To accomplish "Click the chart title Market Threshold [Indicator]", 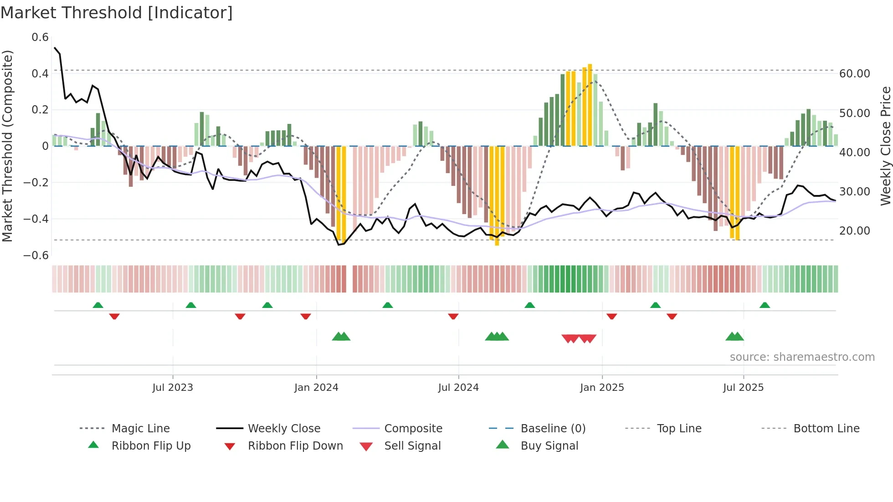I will pyautogui.click(x=117, y=13).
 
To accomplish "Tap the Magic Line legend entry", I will pyautogui.click(x=140, y=429).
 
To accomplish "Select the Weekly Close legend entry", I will pyautogui.click(x=284, y=429).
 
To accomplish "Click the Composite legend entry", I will pyautogui.click(x=413, y=429).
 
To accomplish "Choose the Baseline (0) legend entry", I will pyautogui.click(x=553, y=429).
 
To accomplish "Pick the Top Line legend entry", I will pyautogui.click(x=679, y=429).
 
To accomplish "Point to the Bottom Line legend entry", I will pyautogui.click(x=826, y=429).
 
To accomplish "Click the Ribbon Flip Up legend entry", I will pyautogui.click(x=151, y=446).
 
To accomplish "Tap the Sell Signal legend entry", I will pyautogui.click(x=412, y=446).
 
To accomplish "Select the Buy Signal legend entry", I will pyautogui.click(x=549, y=446).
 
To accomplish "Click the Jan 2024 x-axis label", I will pyautogui.click(x=316, y=388).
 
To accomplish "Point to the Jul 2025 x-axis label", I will pyautogui.click(x=743, y=388).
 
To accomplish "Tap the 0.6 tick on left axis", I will pyautogui.click(x=40, y=37).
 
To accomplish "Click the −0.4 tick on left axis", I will pyautogui.click(x=36, y=219).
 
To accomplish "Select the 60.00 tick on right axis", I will pyautogui.click(x=854, y=74).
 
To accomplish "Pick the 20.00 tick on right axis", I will pyautogui.click(x=854, y=231).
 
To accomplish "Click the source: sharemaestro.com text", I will pyautogui.click(x=802, y=357).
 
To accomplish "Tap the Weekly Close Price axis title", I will pyautogui.click(x=885, y=146).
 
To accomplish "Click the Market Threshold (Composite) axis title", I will pyautogui.click(x=7, y=146).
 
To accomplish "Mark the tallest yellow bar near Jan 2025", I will pyautogui.click(x=590, y=105).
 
